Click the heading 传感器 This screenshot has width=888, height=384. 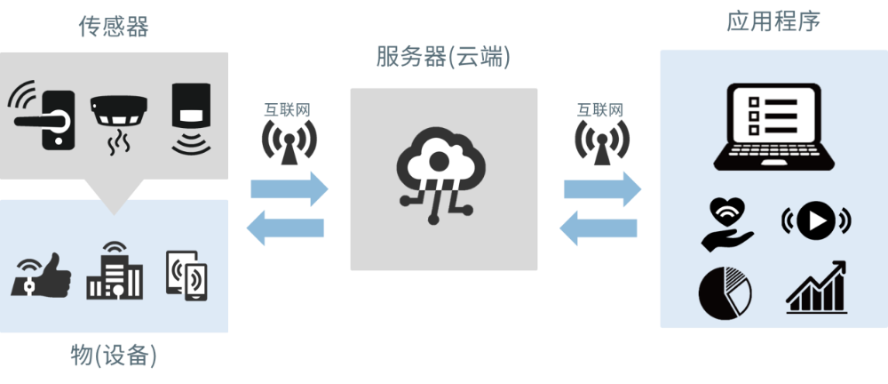113,26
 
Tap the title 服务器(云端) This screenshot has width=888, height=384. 443,58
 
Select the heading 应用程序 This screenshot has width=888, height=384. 773,21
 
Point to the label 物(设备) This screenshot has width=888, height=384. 114,356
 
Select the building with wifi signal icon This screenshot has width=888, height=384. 114,271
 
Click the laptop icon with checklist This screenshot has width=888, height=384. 773,125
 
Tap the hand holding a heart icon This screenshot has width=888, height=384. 725,222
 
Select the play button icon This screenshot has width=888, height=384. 814,221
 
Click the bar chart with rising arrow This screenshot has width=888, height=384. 815,288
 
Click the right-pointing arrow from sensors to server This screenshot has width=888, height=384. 289,188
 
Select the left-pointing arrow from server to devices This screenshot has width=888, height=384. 286,229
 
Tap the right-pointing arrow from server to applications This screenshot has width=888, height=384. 602,188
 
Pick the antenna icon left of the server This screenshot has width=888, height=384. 289,140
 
